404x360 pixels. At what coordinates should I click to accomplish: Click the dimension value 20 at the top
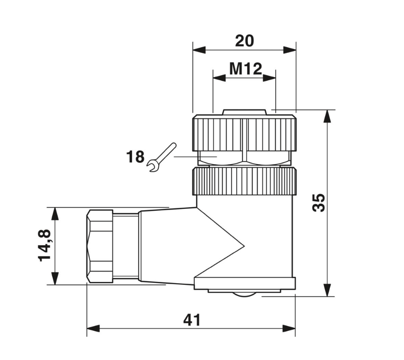244,41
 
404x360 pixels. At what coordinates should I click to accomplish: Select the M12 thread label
246,69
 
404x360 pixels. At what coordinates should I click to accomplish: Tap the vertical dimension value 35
319,203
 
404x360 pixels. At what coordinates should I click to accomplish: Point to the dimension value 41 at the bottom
192,320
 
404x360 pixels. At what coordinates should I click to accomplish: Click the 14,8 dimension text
44,245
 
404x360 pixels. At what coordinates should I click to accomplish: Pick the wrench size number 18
135,157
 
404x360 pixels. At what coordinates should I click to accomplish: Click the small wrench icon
162,157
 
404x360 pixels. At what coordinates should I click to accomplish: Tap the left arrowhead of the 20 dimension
199,50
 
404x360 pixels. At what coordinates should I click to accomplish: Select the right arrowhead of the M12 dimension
269,78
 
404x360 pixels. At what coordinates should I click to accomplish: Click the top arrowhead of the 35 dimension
327,116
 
